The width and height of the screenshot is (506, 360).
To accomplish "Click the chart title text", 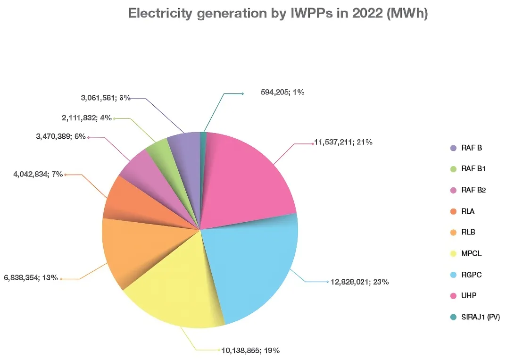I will pos(278,14).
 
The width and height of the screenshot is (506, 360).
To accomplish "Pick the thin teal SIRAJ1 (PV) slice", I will pos(204,139).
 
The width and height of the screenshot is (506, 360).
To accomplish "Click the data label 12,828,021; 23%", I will pos(359,282).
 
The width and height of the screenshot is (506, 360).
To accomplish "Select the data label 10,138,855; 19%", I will pos(250,350).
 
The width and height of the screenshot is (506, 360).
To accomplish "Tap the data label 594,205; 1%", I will pos(282,92).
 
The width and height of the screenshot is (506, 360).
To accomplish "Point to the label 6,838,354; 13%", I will pos(31,278).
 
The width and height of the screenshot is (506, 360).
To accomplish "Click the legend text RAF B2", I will pos(473,190).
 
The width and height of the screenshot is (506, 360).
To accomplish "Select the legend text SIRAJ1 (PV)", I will pos(481,317).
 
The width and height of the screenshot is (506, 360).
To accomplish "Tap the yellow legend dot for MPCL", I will pos(454,254).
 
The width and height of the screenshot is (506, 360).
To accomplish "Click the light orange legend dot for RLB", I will pos(454,233).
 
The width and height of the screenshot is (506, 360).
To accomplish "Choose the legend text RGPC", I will pos(472,275).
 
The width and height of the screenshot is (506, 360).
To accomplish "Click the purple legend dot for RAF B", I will pos(454,148).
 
